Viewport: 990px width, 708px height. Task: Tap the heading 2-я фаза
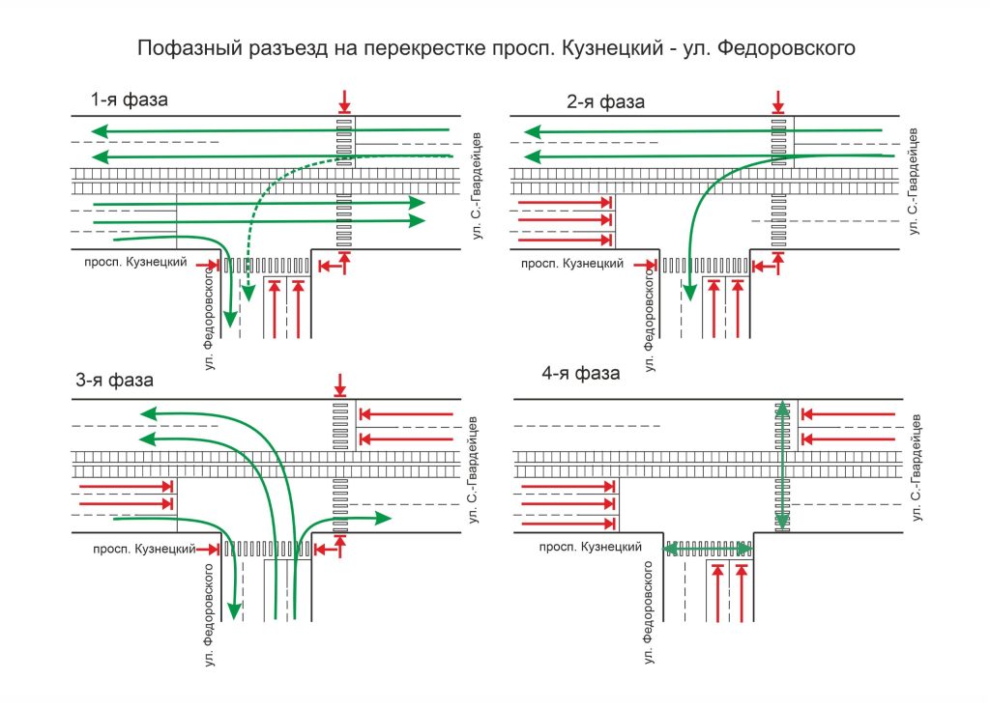[x=605, y=101]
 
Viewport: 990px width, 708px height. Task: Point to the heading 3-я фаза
[x=114, y=380]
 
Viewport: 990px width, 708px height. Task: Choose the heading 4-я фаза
[x=580, y=374]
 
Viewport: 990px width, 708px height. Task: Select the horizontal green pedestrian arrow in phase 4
[x=709, y=548]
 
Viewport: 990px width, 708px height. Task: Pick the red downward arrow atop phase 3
[x=339, y=384]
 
